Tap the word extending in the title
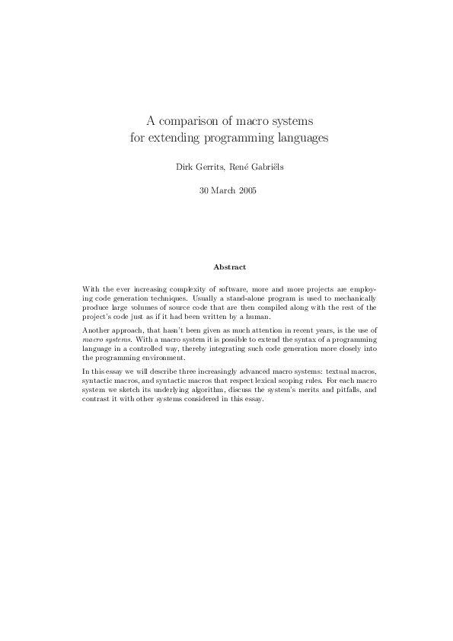pos(178,139)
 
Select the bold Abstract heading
pos(226,267)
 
